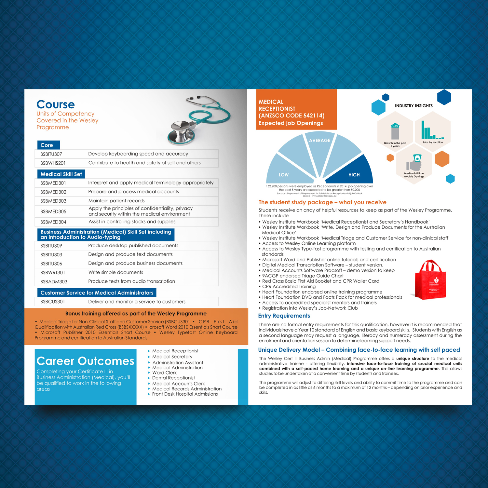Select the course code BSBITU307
click(51, 154)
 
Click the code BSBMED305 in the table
click(53, 211)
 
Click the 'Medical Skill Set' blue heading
click(61, 174)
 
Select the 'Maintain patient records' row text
click(116, 201)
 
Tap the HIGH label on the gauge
click(354, 175)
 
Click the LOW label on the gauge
click(283, 175)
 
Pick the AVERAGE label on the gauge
click(319, 141)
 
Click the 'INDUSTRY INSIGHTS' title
click(413, 106)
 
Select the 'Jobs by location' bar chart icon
click(432, 131)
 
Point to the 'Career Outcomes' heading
click(85, 361)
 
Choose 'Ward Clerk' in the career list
click(164, 373)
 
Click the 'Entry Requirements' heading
click(284, 316)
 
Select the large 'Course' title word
click(56, 104)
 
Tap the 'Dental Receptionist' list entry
click(173, 378)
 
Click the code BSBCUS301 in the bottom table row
click(52, 302)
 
